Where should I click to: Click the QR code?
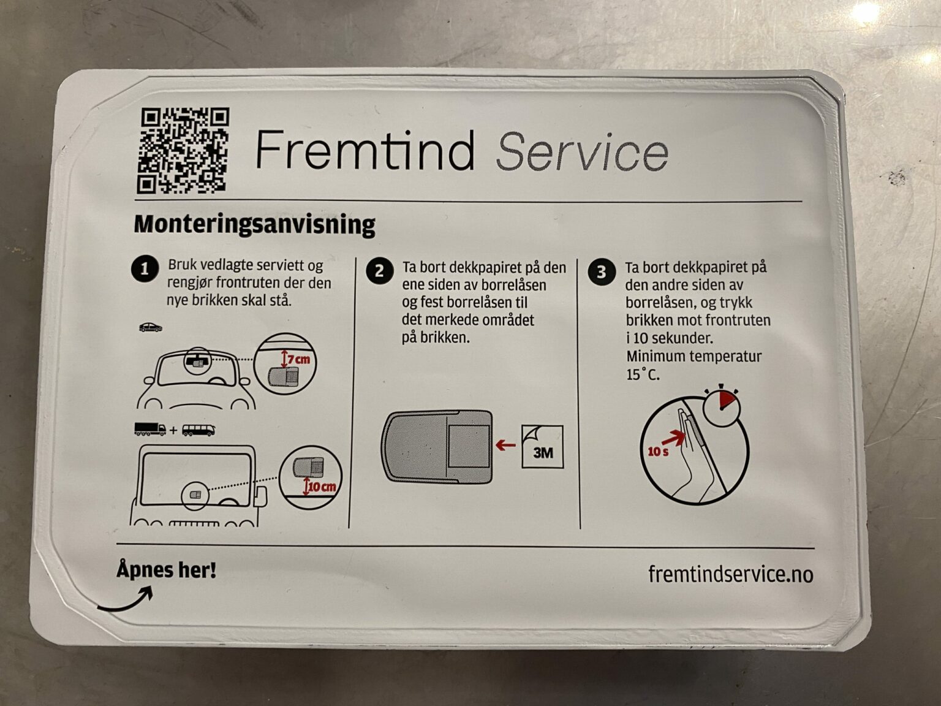click(x=183, y=151)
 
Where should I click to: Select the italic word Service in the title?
click(x=581, y=151)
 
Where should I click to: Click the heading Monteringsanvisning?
click(x=254, y=224)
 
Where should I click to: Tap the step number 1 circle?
click(x=145, y=270)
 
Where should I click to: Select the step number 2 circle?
click(x=379, y=271)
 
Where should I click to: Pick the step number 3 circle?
click(x=601, y=272)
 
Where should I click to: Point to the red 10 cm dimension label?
click(x=322, y=487)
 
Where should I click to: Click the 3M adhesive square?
click(x=542, y=447)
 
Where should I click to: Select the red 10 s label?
click(x=659, y=452)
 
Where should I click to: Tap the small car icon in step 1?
click(x=151, y=327)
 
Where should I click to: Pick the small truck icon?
click(x=150, y=430)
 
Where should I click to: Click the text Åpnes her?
click(x=167, y=571)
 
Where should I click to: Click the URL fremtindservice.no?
click(x=730, y=574)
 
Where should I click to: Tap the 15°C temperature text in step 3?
click(x=643, y=374)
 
